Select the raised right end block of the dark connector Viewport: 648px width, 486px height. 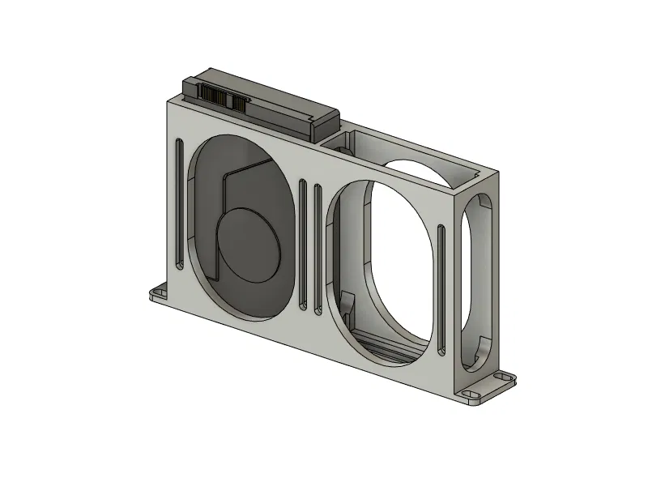pyautogui.click(x=322, y=122)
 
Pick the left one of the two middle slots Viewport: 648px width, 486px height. pyautogui.click(x=302, y=245)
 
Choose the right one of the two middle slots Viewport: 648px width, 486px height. pyautogui.click(x=317, y=249)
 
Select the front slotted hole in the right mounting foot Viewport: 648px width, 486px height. pyautogui.click(x=470, y=394)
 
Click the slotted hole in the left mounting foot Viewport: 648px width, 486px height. pyautogui.click(x=157, y=292)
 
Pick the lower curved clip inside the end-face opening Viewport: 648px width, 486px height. pyautogui.click(x=484, y=348)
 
